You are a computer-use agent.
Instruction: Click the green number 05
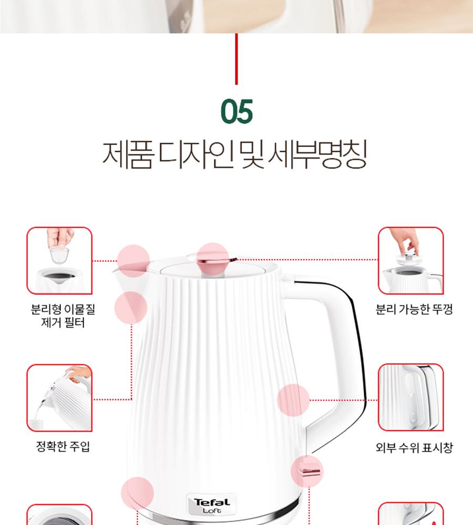[236, 111]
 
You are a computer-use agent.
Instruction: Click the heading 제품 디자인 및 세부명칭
[234, 155]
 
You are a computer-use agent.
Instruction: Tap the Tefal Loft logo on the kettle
[212, 505]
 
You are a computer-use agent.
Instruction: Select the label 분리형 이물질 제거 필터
[63, 316]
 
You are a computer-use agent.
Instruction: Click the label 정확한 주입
[63, 446]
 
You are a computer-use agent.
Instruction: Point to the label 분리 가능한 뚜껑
[414, 309]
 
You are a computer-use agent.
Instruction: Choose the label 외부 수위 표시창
[414, 447]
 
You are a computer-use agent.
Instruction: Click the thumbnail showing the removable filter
[59, 260]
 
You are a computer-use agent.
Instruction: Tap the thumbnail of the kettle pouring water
[59, 398]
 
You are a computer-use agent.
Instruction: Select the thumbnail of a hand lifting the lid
[411, 260]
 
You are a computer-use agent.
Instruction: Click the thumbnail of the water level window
[411, 397]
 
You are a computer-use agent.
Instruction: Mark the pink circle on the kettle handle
[293, 401]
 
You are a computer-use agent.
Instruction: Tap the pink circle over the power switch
[307, 471]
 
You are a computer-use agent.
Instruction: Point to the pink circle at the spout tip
[133, 261]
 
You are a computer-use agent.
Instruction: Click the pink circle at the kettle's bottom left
[138, 493]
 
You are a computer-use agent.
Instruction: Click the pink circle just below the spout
[131, 308]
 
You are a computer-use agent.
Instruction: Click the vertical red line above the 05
[236, 59]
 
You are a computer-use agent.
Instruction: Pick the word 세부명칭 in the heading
[317, 155]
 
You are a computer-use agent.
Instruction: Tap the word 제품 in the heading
[128, 155]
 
